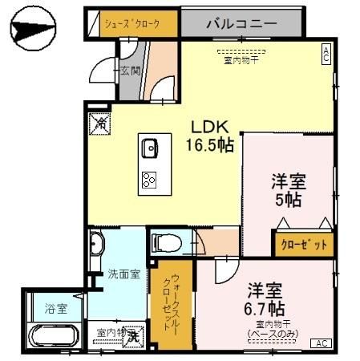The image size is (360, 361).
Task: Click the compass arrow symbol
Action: click(x=34, y=30)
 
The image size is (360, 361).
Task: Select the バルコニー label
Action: click(x=241, y=22)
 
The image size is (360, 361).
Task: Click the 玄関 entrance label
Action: click(x=130, y=71)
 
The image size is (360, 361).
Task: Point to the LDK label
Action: click(x=210, y=128)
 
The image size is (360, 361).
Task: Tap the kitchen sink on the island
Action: click(x=150, y=148)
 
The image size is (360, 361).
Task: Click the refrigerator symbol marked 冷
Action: click(x=99, y=123)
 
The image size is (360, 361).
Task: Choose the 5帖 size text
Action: click(x=288, y=198)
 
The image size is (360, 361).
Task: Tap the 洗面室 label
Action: click(x=124, y=274)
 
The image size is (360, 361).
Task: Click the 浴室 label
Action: click(x=56, y=307)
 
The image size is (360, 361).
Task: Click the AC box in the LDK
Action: click(x=326, y=54)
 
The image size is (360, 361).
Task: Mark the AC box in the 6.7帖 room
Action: click(x=322, y=343)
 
